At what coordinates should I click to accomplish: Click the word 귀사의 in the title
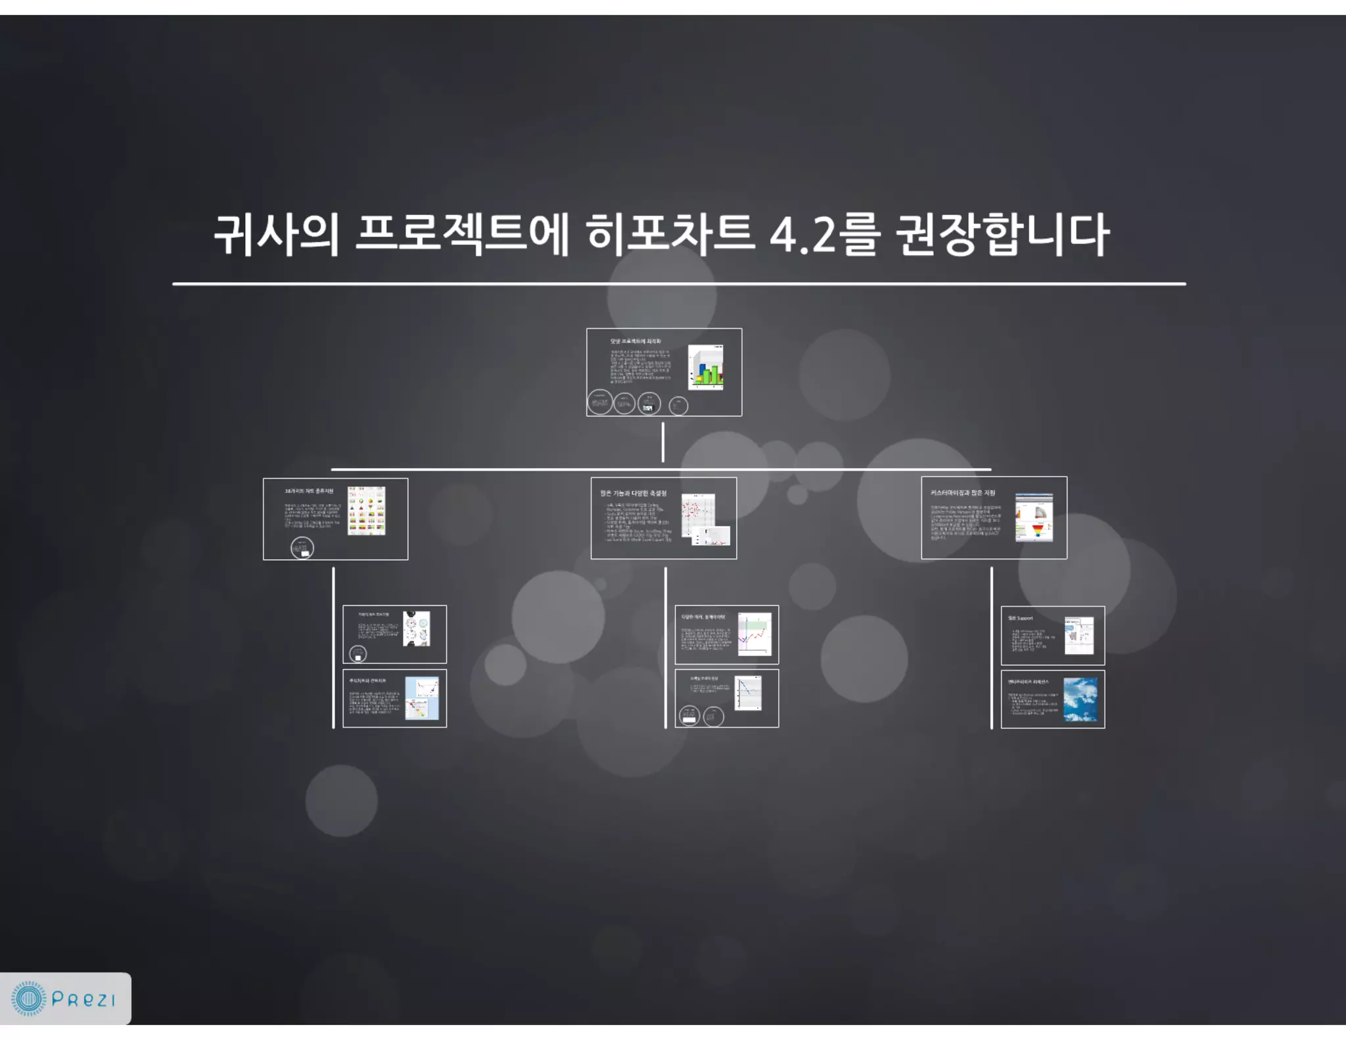pos(276,235)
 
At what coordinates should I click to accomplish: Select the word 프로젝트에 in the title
pos(462,235)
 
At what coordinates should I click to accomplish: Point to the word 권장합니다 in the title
pos(1002,235)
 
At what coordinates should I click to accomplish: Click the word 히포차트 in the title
pos(670,235)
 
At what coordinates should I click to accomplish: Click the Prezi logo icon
pos(29,999)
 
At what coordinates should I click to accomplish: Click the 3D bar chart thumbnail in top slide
pos(706,367)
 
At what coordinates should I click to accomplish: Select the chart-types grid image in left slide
pos(366,511)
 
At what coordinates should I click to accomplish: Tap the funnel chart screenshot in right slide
pos(1034,517)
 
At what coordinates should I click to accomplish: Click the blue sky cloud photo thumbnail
pos(1080,699)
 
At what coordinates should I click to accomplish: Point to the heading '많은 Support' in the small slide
pos(1021,619)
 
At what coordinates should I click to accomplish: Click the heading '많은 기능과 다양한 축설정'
pos(633,493)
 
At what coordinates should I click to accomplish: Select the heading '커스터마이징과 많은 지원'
pos(963,492)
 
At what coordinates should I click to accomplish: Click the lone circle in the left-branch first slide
pos(302,548)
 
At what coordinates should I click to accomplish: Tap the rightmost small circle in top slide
pos(678,406)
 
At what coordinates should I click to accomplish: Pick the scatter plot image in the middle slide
pos(698,514)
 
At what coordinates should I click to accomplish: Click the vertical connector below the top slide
pos(662,442)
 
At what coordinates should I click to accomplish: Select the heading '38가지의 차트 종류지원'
pos(309,491)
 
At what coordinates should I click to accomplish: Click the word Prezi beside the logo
pos(83,1000)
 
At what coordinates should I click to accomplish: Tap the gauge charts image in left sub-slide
pos(417,628)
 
